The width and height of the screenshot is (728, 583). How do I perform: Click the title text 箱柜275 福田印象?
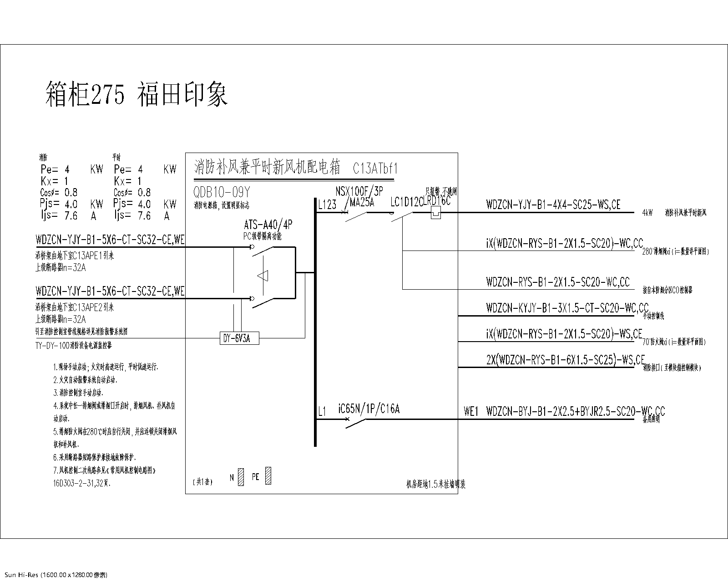[136, 94]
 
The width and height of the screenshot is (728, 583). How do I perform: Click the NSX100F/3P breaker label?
[359, 191]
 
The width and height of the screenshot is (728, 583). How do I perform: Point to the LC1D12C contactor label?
[406, 202]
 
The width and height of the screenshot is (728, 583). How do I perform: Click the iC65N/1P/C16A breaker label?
[369, 409]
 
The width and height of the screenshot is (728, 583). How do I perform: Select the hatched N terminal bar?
[241, 476]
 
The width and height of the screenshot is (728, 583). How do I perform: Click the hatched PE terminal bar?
[268, 476]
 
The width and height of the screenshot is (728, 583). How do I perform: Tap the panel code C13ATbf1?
[375, 169]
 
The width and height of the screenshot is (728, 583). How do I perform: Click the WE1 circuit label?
[471, 412]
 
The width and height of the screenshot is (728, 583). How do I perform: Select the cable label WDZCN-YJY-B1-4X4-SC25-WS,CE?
[553, 205]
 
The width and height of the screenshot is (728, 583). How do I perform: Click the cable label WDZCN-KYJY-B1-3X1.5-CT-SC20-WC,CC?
[567, 308]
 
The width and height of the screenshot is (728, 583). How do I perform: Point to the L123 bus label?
[327, 205]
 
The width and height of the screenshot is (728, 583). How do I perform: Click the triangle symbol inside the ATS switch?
[263, 276]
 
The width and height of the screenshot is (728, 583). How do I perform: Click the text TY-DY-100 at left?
[52, 346]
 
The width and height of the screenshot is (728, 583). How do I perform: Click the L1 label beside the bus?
[322, 412]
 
